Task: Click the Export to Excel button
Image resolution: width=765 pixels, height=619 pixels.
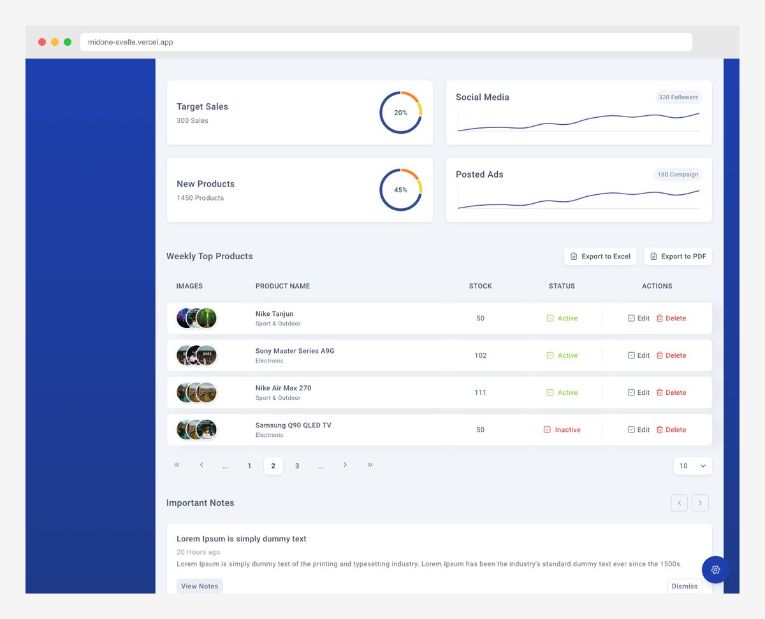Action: tap(600, 256)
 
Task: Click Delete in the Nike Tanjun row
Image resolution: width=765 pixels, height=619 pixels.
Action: tap(671, 318)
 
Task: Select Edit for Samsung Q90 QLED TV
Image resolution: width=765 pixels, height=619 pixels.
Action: tap(639, 430)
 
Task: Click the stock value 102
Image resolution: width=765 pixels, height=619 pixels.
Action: tap(480, 355)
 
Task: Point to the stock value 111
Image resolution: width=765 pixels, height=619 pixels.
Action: tap(480, 393)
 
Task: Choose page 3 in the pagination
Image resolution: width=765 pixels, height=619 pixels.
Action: tap(297, 466)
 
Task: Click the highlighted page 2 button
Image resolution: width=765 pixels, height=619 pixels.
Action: tap(273, 466)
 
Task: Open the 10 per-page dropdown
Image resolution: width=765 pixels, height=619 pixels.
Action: tap(692, 466)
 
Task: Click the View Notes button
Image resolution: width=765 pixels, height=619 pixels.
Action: tap(200, 586)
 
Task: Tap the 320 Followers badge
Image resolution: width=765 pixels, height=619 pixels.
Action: tap(678, 97)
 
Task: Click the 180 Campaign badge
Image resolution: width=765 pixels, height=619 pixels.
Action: tap(678, 174)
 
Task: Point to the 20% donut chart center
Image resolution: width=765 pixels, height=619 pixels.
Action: tap(400, 113)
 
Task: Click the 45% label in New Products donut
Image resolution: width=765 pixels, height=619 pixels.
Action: tap(400, 190)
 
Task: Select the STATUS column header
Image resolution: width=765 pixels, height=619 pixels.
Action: tap(562, 286)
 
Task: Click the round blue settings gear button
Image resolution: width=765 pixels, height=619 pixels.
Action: tap(715, 569)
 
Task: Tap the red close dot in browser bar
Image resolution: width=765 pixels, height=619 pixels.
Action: tap(42, 42)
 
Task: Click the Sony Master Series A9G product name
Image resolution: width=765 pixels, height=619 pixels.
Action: tap(295, 351)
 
